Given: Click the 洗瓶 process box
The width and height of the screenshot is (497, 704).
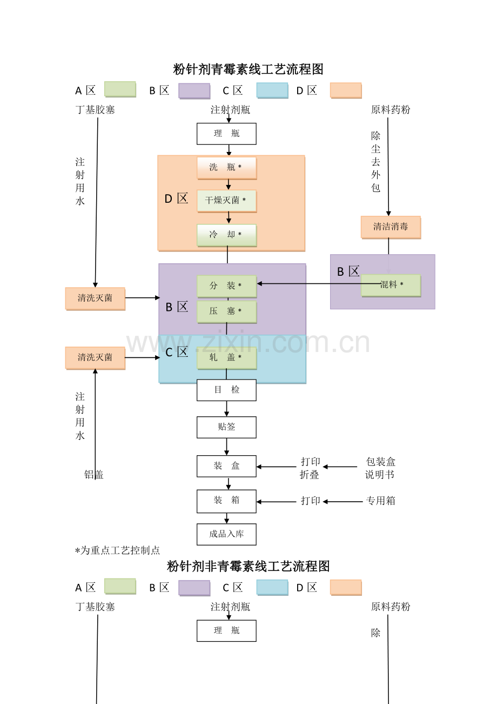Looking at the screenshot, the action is tap(227, 168).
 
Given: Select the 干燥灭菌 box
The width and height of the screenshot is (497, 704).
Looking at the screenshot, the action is tap(227, 201).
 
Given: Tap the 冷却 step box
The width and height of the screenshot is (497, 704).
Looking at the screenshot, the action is tap(227, 235).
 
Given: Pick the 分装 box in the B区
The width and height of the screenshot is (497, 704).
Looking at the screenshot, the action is tap(227, 287).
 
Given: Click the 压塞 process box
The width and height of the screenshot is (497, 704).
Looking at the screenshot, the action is tap(227, 312).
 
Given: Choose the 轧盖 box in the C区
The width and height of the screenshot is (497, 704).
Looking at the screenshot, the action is tap(227, 358).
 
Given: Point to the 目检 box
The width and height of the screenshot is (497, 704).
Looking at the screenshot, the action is tap(226, 390).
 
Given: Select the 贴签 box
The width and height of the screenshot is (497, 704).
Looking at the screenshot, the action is tap(226, 427).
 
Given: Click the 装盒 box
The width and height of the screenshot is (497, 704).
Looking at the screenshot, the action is tap(226, 466).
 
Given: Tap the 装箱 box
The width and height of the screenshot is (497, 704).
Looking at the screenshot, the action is tap(226, 501).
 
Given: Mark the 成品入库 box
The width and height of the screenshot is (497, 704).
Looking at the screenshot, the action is tap(226, 534).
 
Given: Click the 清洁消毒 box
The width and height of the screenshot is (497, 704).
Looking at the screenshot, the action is tap(391, 227).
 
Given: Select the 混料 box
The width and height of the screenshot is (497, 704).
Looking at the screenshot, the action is tap(391, 285).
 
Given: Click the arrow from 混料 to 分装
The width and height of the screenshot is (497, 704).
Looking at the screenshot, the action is tap(319, 283).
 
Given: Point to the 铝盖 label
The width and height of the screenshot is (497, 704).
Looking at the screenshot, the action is tap(94, 475).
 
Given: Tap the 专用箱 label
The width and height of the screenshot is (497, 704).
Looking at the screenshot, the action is tap(380, 501).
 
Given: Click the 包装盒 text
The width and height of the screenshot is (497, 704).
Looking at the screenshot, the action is tap(380, 462).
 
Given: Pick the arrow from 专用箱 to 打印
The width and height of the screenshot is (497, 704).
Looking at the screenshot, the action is tap(343, 502).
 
